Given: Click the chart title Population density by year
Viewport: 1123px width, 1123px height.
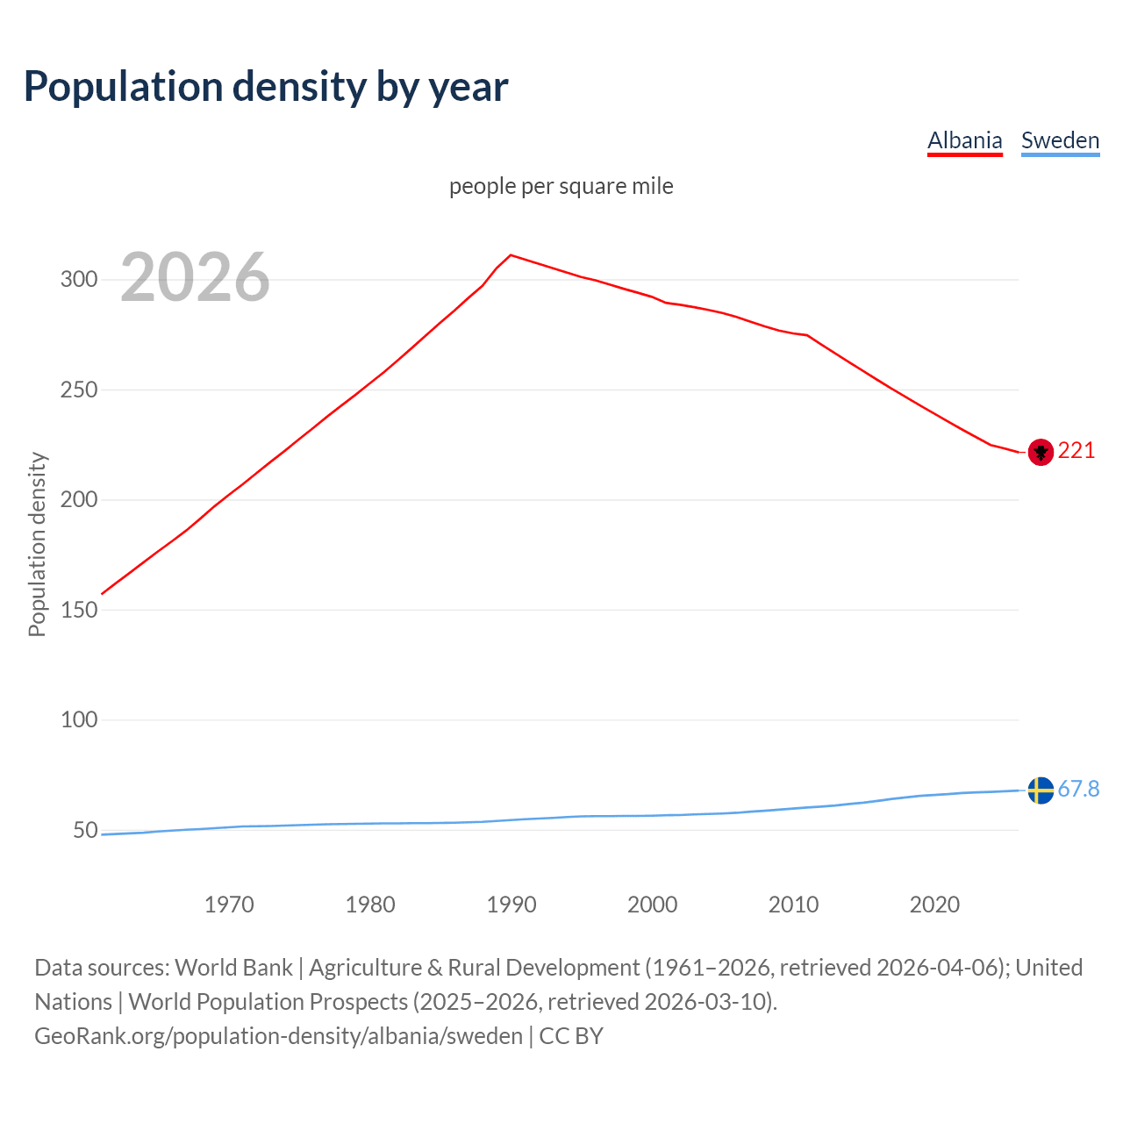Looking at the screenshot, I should pyautogui.click(x=266, y=86).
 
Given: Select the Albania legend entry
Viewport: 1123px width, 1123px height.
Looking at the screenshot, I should pyautogui.click(x=964, y=140).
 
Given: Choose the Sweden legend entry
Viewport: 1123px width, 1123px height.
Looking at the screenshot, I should pyautogui.click(x=1060, y=140).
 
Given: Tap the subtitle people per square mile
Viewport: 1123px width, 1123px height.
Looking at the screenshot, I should pyautogui.click(x=561, y=186).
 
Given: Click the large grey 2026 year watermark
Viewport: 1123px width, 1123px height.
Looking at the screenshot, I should pyautogui.click(x=195, y=277).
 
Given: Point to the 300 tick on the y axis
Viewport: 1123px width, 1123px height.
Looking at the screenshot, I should pyautogui.click(x=78, y=280).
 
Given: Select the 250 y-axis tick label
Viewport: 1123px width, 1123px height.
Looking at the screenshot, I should pyautogui.click(x=78, y=390).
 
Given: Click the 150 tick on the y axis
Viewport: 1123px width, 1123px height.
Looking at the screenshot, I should pyautogui.click(x=78, y=610).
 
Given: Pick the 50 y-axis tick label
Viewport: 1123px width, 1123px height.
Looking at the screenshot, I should pyautogui.click(x=84, y=830).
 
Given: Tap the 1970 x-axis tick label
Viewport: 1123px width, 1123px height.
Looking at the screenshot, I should pyautogui.click(x=229, y=905).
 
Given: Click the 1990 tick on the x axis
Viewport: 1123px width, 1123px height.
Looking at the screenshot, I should pyautogui.click(x=511, y=905).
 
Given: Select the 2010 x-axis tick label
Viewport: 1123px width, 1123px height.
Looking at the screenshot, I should pyautogui.click(x=793, y=905).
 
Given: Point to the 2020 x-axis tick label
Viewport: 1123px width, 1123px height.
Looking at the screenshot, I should pyautogui.click(x=934, y=905).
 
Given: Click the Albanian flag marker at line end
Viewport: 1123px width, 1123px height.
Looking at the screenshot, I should pyautogui.click(x=1041, y=452).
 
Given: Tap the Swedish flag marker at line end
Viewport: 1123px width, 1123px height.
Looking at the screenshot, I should pyautogui.click(x=1041, y=790).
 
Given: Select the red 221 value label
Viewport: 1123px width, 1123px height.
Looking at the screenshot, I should pyautogui.click(x=1077, y=451).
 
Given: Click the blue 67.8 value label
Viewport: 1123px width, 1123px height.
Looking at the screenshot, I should pyautogui.click(x=1078, y=790).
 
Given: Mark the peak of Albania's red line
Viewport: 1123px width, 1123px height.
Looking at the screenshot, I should pyautogui.click(x=511, y=255).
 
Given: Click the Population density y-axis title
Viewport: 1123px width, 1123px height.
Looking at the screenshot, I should pyautogui.click(x=37, y=544).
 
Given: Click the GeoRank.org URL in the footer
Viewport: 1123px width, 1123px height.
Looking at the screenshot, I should pyautogui.click(x=278, y=1036).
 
